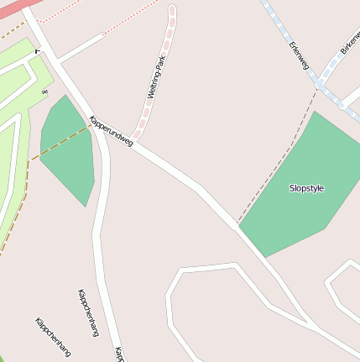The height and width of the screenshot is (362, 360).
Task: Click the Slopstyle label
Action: [306, 188]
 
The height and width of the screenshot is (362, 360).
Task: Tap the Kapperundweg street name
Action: [111, 130]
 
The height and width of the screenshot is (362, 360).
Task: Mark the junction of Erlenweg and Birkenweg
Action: [320, 86]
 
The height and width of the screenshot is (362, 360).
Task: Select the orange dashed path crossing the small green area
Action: [59, 144]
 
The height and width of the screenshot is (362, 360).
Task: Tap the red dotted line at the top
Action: [101, 9]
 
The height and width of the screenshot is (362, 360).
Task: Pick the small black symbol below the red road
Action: [38, 50]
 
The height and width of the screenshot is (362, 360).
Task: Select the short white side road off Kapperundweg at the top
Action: [80, 48]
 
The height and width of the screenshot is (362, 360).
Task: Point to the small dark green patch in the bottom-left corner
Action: [3, 358]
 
